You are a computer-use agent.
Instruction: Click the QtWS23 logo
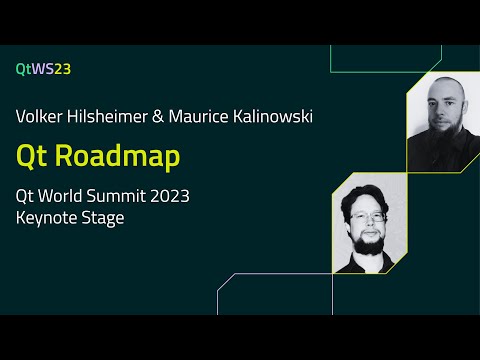[x=43, y=69]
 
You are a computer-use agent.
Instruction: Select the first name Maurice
[x=207, y=117]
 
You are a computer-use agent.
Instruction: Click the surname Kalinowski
[x=276, y=117]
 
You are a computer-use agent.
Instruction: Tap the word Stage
[x=104, y=218]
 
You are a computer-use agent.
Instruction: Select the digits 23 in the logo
[x=62, y=69]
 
